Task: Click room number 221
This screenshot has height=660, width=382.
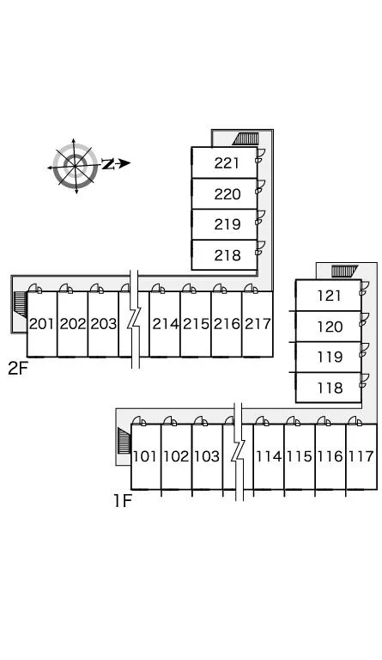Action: pyautogui.click(x=227, y=163)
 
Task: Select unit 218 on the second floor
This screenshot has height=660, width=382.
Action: pyautogui.click(x=227, y=255)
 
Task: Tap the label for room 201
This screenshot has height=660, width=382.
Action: pyautogui.click(x=42, y=324)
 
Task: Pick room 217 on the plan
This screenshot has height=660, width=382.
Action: pyautogui.click(x=258, y=324)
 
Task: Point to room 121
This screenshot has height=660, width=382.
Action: pyautogui.click(x=330, y=296)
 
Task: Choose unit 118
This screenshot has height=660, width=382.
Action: pyautogui.click(x=330, y=388)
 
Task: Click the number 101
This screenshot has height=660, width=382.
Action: pyautogui.click(x=145, y=456)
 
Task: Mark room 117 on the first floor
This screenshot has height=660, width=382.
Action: pyautogui.click(x=361, y=456)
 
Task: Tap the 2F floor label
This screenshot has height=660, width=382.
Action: pyautogui.click(x=18, y=369)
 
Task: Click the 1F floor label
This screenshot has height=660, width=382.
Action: pyautogui.click(x=123, y=501)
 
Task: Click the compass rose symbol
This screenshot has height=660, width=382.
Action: pyautogui.click(x=75, y=166)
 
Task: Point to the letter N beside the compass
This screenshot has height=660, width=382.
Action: pyautogui.click(x=108, y=164)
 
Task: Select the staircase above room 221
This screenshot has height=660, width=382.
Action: pyautogui.click(x=246, y=138)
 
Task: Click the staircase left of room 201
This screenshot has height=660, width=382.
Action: pyautogui.click(x=20, y=304)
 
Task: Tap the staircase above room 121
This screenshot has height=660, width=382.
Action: pyautogui.click(x=344, y=271)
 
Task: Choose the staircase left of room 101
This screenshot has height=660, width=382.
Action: pyautogui.click(x=124, y=441)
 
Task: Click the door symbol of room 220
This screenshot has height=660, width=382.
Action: pyautogui.click(x=260, y=186)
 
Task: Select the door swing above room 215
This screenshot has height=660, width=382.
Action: pyautogui.click(x=189, y=288)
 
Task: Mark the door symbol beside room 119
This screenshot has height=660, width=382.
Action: pyautogui.click(x=364, y=350)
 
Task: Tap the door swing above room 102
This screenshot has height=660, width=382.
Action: pyautogui.click(x=170, y=420)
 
